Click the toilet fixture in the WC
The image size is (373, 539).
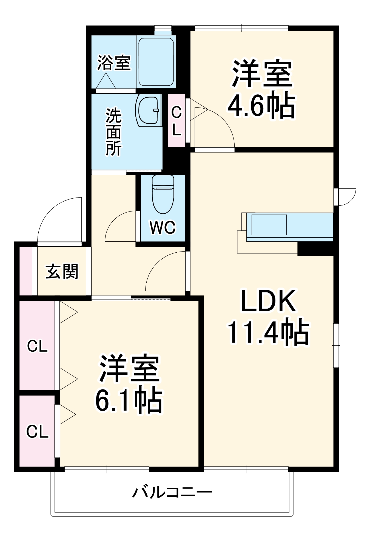pos(163,194)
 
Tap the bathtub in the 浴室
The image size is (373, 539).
pos(156,62)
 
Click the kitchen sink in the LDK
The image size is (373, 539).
pos(269,225)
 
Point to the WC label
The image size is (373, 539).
pos(163,227)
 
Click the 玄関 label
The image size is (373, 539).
pos(62,272)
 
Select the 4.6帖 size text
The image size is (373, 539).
pos(261,106)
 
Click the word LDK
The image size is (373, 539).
pos(268,301)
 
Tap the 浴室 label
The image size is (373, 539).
pos(114,63)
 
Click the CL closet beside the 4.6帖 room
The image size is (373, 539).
pos(176,121)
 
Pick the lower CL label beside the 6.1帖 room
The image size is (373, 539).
pos(37,431)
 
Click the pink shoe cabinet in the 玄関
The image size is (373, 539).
pos(25,271)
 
